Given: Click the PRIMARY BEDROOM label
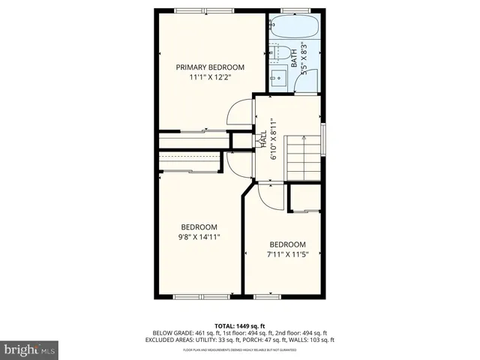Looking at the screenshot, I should [210, 67].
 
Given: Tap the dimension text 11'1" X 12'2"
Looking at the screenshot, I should [210, 76].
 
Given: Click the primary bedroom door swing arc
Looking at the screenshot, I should [238, 114].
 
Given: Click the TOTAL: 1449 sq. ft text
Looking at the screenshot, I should [240, 325].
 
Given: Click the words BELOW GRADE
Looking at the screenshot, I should [172, 332].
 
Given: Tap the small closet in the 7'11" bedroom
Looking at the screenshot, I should [306, 198].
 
